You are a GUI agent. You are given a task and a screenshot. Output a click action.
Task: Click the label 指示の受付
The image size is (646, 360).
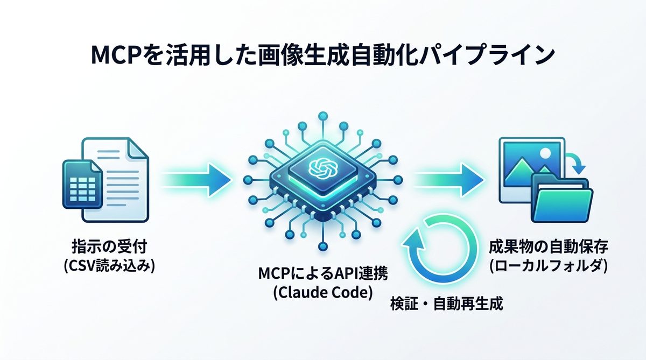pyautogui.click(x=109, y=247)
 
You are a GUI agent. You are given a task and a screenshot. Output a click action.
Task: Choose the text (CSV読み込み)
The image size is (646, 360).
pyautogui.click(x=109, y=266)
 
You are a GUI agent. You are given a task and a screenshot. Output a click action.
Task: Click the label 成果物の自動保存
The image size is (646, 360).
pyautogui.click(x=549, y=247)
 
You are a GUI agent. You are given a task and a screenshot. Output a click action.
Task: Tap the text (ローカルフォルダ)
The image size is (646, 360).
pyautogui.click(x=549, y=266)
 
